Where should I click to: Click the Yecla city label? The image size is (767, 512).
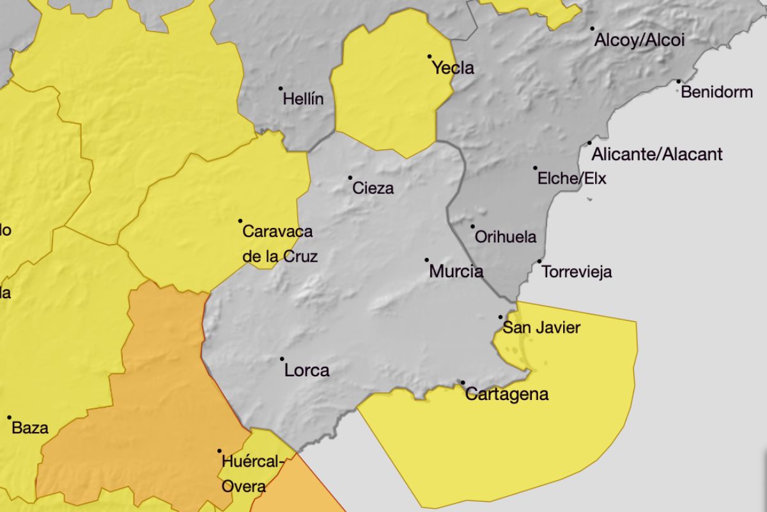[x=453, y=68]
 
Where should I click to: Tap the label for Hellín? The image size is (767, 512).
[x=303, y=99]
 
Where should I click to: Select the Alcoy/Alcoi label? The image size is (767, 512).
[x=639, y=40]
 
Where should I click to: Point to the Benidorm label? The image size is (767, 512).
[x=717, y=92]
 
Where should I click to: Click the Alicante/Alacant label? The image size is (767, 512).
[x=657, y=154]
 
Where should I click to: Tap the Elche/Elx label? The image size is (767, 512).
[x=571, y=179]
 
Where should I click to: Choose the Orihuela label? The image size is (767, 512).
[x=506, y=237]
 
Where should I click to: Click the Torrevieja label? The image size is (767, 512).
[x=577, y=272]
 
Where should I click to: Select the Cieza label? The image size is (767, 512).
[x=373, y=188]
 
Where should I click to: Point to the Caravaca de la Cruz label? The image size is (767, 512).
[x=279, y=244]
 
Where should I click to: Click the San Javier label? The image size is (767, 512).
[x=541, y=328]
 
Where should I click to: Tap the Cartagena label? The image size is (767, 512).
[x=507, y=394]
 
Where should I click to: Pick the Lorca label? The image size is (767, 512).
[x=307, y=370]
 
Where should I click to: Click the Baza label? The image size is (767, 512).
[x=30, y=428]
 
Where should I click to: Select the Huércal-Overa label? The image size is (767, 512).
[x=249, y=474]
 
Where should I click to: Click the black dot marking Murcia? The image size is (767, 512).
[x=427, y=260]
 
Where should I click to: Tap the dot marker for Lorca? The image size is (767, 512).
[x=282, y=359]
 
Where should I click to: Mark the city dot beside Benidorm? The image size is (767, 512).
[x=679, y=81]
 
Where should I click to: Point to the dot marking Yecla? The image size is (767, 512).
[x=430, y=56]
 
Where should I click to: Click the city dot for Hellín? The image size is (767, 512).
[x=281, y=88]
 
